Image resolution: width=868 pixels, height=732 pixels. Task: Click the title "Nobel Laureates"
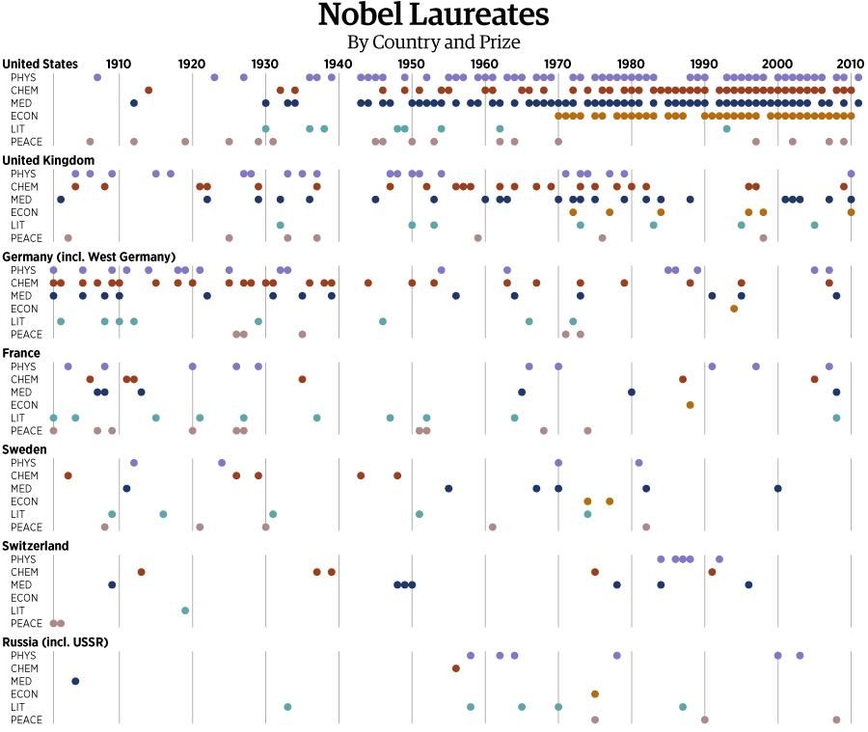coord(433,15)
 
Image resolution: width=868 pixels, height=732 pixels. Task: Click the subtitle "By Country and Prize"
coord(433,42)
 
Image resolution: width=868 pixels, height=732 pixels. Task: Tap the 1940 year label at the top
coord(338,64)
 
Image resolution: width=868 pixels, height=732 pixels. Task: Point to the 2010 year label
coord(850,64)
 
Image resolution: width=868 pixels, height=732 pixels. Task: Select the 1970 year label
coord(557,64)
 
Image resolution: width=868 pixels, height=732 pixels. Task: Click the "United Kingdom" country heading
coord(48,160)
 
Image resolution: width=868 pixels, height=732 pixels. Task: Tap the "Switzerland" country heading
coord(36,546)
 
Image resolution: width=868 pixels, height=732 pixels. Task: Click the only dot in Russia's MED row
coord(75,681)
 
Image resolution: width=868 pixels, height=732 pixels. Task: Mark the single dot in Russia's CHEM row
coord(456,668)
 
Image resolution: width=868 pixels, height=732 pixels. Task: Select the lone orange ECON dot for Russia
coord(595,694)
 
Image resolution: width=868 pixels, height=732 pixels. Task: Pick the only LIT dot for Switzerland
coord(185,610)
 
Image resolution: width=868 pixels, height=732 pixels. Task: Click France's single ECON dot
coord(691,405)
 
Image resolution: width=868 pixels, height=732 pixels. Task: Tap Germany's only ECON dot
coord(734,309)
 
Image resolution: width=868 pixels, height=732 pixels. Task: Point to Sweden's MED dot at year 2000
coord(777,488)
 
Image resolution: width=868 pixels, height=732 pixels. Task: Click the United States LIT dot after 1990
coord(726,128)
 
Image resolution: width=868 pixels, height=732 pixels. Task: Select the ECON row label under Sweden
coord(24,502)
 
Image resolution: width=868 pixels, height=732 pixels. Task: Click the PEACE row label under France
coord(26,430)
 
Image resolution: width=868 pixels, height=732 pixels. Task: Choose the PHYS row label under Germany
coord(24,270)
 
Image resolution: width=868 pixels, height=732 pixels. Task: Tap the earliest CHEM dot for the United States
coord(149,90)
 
